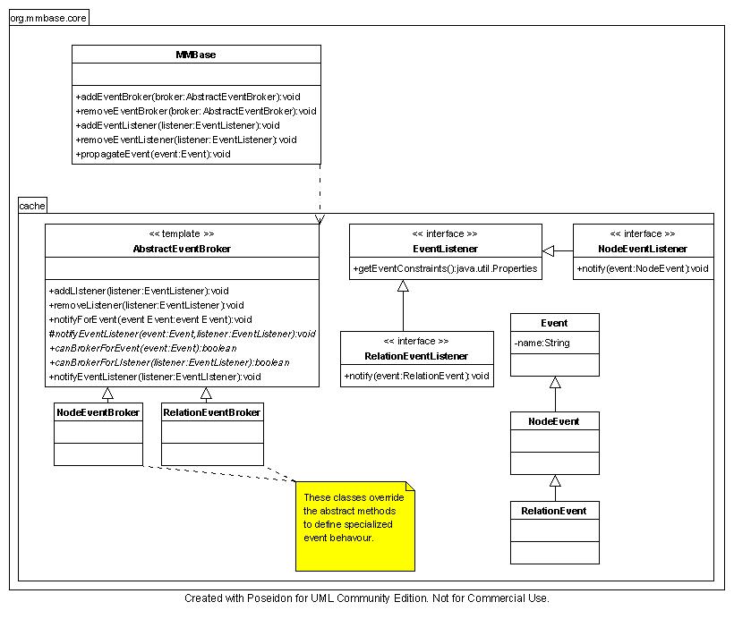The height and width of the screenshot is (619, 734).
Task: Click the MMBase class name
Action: coord(196,55)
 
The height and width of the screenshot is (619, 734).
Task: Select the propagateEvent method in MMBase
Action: coord(153,154)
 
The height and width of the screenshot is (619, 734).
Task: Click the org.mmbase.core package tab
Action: coord(48,17)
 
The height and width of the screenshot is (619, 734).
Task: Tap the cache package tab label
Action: coord(32,206)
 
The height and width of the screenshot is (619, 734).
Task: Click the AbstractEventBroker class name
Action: coord(182,249)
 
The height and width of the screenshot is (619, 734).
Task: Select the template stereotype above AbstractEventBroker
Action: coord(182,233)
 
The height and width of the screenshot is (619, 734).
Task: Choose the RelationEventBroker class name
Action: coord(212,412)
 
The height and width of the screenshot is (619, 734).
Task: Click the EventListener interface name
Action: coord(445,249)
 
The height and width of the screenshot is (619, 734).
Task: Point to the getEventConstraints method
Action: coord(445,268)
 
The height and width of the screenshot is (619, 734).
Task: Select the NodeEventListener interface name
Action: coord(643,249)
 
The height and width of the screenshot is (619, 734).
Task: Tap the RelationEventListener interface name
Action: coord(416,356)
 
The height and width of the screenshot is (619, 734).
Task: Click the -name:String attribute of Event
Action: coord(542,343)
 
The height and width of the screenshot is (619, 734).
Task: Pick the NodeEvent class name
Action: coord(554,420)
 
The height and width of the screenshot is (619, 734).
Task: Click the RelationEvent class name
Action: coord(554,511)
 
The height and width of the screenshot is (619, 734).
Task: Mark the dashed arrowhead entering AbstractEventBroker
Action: coord(320,219)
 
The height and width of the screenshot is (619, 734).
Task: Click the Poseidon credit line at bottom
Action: coord(367,598)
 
